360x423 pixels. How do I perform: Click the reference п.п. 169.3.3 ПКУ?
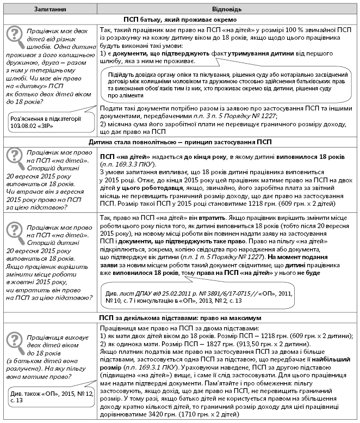click(130, 164)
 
